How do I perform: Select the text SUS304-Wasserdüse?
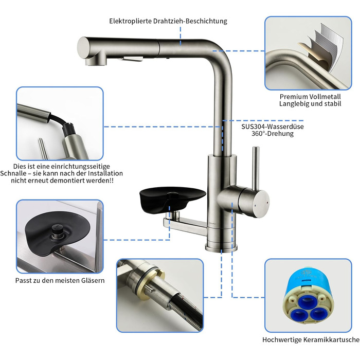click(273, 127)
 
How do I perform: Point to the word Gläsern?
click(93, 280)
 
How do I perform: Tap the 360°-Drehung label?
click(273, 134)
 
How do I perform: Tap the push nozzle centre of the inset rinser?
click(57, 229)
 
